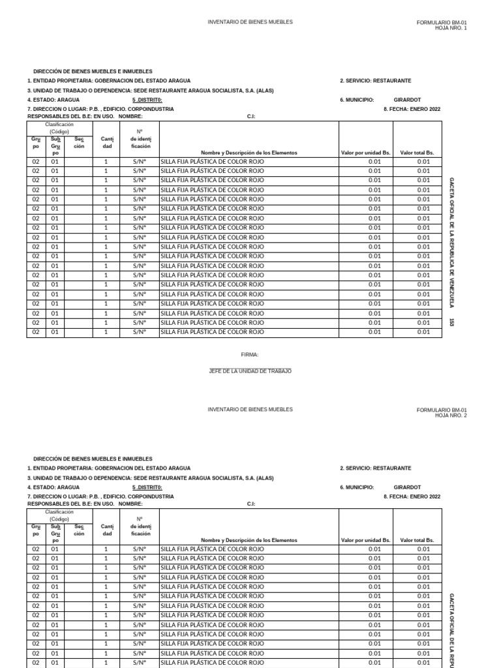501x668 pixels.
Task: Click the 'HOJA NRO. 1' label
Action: point(451,28)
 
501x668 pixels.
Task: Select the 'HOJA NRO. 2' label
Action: point(451,416)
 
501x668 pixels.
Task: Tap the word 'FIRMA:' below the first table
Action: point(250,354)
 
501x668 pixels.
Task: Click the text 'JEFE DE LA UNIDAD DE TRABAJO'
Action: point(250,371)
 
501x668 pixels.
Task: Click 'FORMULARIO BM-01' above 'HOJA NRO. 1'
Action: point(442,22)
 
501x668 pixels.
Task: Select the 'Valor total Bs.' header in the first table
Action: point(417,153)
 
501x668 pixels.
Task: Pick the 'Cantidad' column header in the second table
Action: point(106,529)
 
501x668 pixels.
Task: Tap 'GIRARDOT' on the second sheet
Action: point(408,487)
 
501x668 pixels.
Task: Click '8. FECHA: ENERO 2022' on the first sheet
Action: point(412,110)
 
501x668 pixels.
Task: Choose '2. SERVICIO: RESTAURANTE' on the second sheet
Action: point(375,468)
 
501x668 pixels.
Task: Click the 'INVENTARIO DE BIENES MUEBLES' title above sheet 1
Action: point(250,22)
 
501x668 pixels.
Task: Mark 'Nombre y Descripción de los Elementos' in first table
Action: point(249,153)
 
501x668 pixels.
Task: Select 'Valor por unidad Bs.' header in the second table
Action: point(365,540)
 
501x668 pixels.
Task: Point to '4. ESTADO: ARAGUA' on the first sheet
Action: point(53,100)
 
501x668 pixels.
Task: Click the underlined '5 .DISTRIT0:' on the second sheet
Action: point(147,487)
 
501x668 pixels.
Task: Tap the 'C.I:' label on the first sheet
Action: point(251,116)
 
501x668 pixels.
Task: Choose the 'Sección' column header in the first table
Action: point(79,142)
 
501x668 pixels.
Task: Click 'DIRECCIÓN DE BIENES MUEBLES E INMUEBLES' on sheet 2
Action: point(93,459)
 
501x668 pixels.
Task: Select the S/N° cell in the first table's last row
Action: point(139,331)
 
